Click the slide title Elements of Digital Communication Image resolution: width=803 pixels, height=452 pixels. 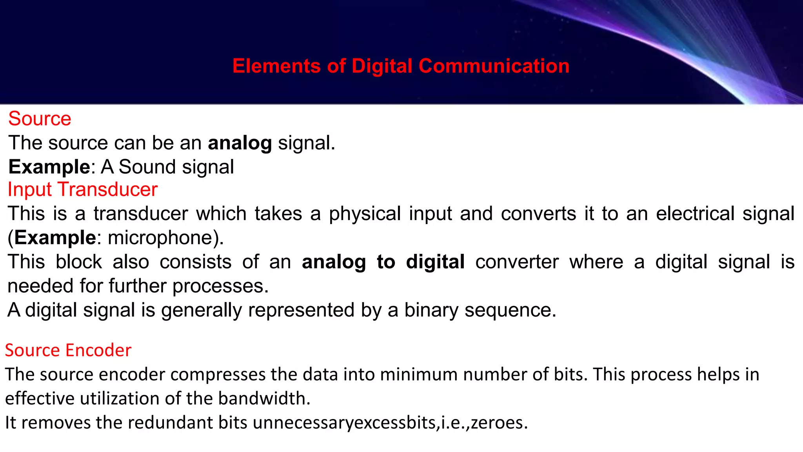coord(401,66)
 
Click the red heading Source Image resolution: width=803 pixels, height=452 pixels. coord(40,119)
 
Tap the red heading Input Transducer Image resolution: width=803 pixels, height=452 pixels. coord(82,190)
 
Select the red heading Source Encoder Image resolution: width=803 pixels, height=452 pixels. coord(68,350)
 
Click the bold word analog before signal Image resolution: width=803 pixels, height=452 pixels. coord(240,143)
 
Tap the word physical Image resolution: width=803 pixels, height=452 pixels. coord(365,214)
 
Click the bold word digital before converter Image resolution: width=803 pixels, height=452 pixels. coord(435,262)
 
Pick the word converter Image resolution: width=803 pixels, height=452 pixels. coord(517,262)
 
